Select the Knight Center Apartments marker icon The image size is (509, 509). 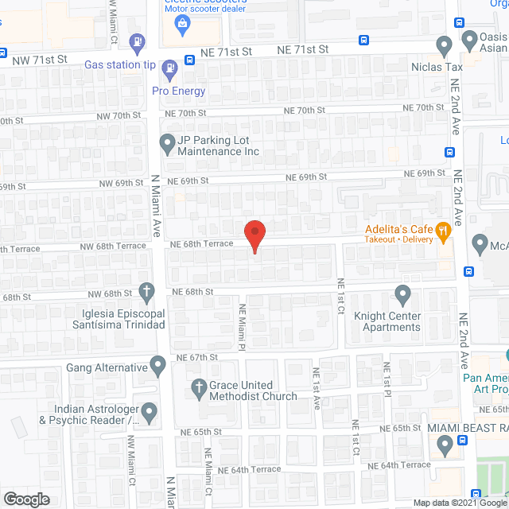click(x=403, y=296)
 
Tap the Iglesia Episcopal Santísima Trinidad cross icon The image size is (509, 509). click(x=146, y=291)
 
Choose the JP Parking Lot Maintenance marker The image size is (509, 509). click(x=167, y=144)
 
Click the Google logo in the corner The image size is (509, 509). click(x=25, y=499)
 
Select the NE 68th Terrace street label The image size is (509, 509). click(x=202, y=243)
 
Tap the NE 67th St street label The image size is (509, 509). click(x=197, y=358)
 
